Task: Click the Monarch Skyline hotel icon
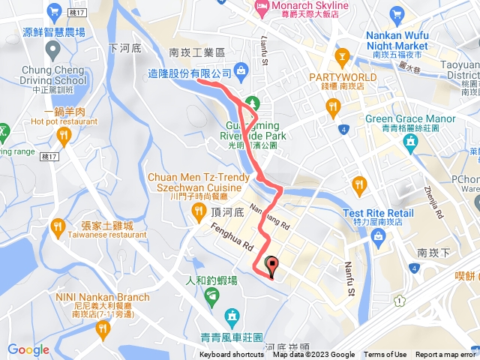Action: [x=262, y=8]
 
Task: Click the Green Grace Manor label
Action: [x=410, y=118]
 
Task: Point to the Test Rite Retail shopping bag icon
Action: [x=378, y=237]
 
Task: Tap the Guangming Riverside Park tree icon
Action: [x=252, y=102]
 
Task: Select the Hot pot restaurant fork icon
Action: [x=64, y=135]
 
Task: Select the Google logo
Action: [x=28, y=350]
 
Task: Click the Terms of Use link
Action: [x=385, y=355]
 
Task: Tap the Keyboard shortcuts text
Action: [x=232, y=355]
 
